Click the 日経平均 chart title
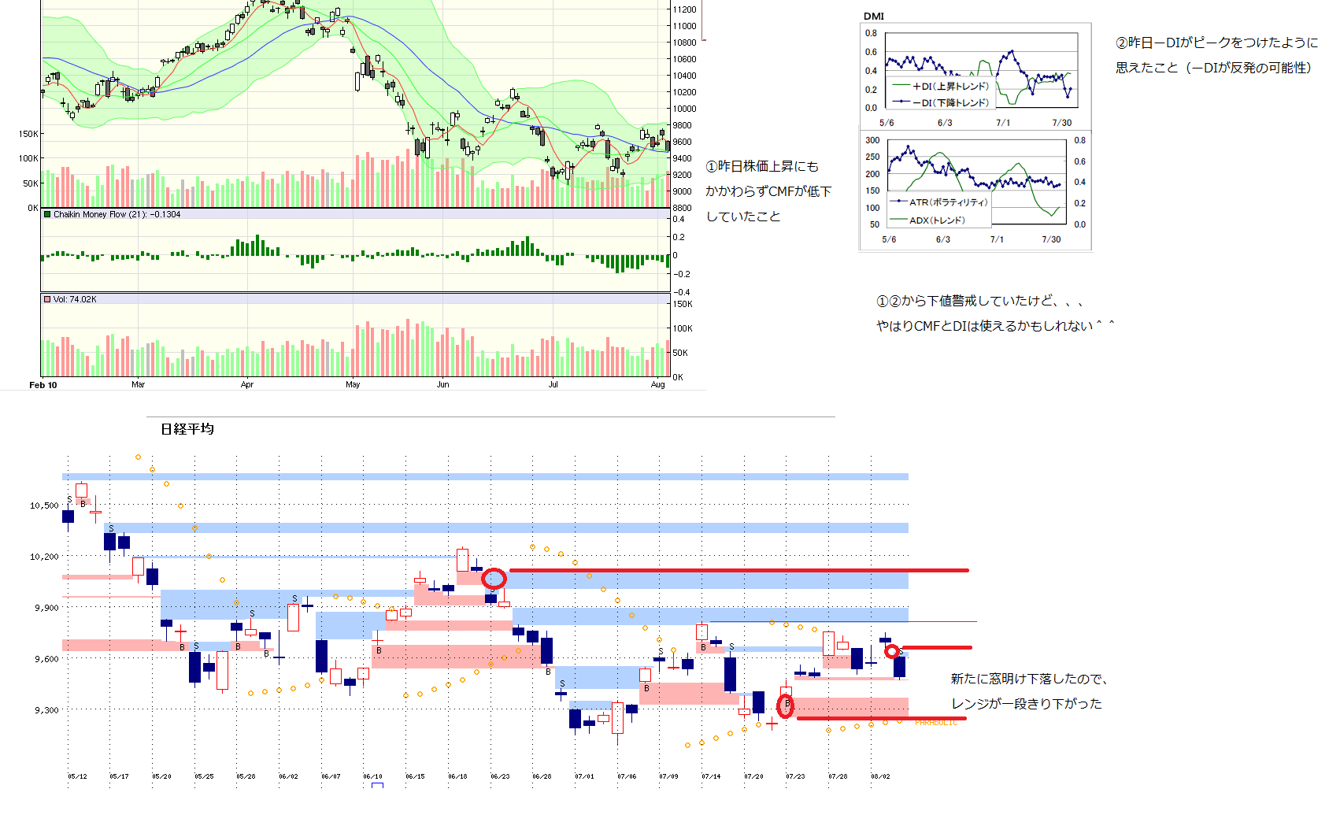coord(187,429)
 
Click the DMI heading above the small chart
coord(873,17)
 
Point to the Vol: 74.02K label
coord(75,299)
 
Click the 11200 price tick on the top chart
coord(684,9)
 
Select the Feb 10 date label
coord(43,385)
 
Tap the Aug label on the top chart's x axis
coord(657,385)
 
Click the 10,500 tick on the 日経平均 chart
coord(44,505)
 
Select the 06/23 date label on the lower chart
coord(500,776)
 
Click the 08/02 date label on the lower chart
coord(880,776)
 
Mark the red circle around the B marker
coord(786,706)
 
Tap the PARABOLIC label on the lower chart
coord(935,723)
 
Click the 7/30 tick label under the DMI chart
coord(1061,123)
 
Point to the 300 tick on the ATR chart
coord(872,140)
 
